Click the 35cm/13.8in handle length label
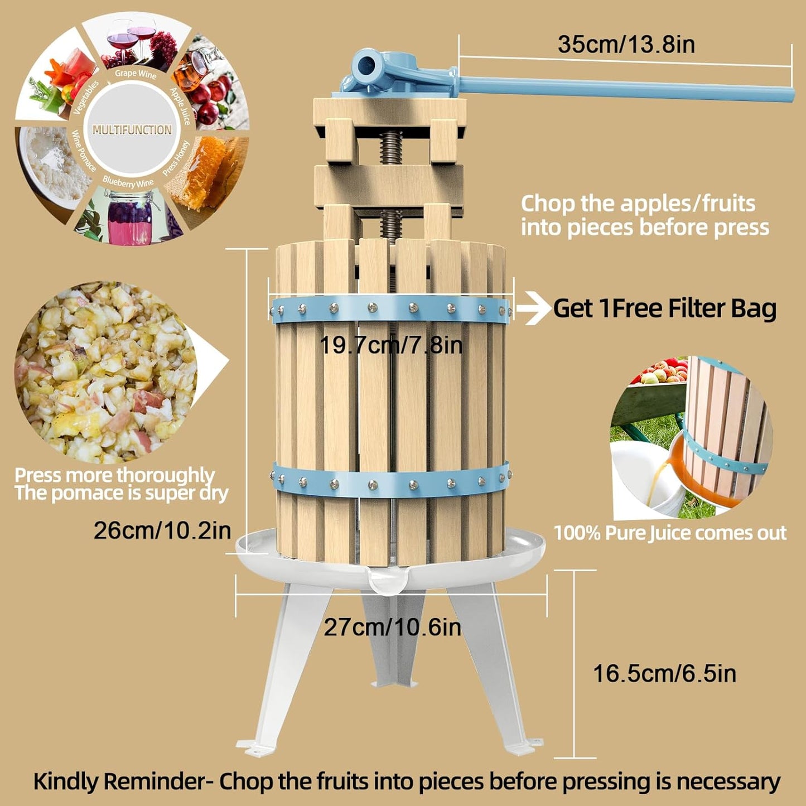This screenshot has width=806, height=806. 626,45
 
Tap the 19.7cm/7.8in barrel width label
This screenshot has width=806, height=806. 391,345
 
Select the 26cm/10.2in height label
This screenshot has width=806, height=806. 162,530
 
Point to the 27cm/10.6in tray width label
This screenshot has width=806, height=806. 392,628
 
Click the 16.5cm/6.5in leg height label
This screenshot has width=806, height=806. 664,673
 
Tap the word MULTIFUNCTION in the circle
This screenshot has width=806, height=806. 132,130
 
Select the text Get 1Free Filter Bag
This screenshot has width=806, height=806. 664,308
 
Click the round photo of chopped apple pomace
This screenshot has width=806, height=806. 106,372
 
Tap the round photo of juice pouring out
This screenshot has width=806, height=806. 692,438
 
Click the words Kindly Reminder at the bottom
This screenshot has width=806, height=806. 120,782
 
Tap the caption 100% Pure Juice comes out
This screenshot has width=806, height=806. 669,533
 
